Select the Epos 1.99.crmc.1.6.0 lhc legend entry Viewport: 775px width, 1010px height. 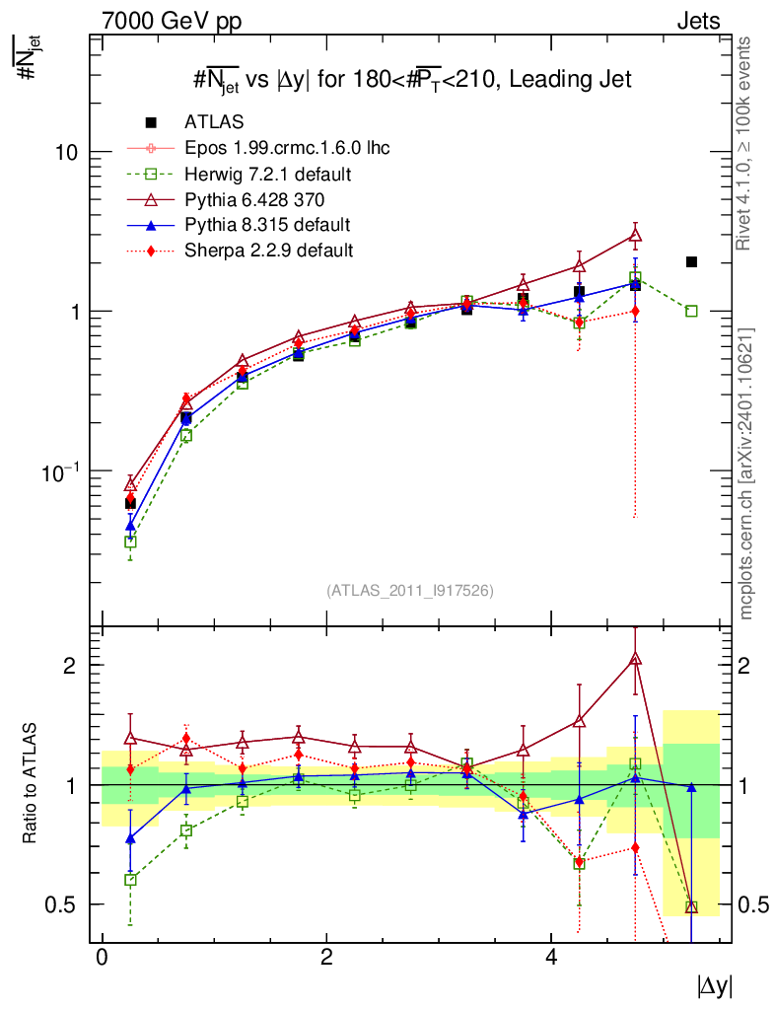286,148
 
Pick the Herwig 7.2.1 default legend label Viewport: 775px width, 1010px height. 268,174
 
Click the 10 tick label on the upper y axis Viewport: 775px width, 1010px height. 69,152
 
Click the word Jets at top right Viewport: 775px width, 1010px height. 697,21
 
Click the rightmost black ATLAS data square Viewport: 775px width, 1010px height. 691,261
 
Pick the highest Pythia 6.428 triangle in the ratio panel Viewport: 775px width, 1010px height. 635,659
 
